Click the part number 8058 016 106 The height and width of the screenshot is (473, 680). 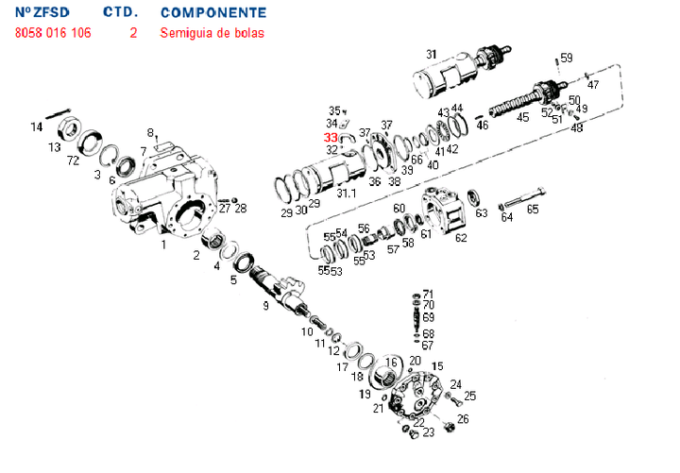(53, 33)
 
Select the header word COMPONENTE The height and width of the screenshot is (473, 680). (213, 13)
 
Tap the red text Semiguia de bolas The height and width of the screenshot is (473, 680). (212, 33)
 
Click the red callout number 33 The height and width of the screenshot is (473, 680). (331, 137)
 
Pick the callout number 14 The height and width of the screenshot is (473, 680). (37, 127)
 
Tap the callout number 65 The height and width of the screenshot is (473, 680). (533, 210)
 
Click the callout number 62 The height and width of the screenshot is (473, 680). (461, 238)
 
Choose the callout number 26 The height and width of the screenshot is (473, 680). (463, 418)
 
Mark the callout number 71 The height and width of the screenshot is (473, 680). (428, 294)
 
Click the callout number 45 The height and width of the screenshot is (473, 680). (522, 117)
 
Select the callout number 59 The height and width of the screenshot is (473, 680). (566, 59)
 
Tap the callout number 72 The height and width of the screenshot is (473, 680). (73, 161)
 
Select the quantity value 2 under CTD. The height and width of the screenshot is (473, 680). (134, 33)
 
